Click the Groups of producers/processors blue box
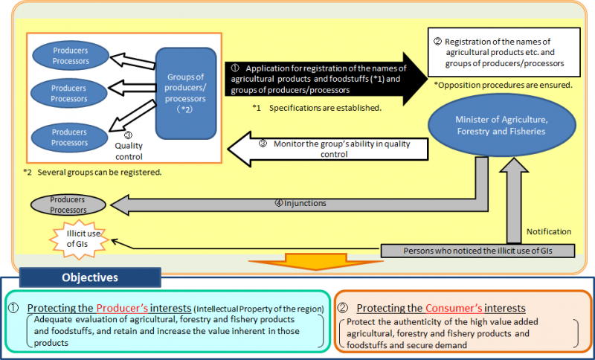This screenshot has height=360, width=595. (186, 94)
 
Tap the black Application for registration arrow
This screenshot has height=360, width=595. (320, 78)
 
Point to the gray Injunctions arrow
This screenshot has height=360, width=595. (297, 202)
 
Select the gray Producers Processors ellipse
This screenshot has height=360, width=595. (68, 205)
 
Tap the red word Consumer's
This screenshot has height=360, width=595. (451, 308)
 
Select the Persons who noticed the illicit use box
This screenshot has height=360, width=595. (477, 251)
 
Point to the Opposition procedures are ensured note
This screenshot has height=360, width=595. (503, 86)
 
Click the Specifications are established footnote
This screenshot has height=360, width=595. (316, 108)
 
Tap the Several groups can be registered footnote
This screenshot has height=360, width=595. (92, 172)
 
